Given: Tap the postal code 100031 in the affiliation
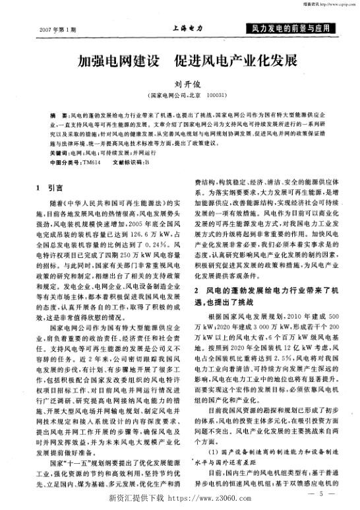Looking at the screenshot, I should (216, 96).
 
